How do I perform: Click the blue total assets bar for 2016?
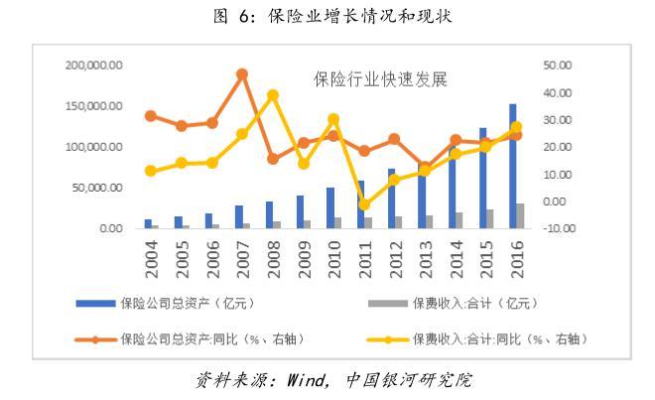[513, 167]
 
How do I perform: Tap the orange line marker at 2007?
[241, 74]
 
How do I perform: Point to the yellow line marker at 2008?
[273, 96]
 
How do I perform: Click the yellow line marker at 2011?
[363, 204]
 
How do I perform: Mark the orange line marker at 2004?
[150, 116]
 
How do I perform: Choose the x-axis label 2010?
[334, 258]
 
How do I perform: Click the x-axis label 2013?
[426, 258]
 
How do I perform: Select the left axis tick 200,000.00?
[93, 66]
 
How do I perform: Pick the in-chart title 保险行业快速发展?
[367, 77]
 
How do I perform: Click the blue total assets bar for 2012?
[392, 199]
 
